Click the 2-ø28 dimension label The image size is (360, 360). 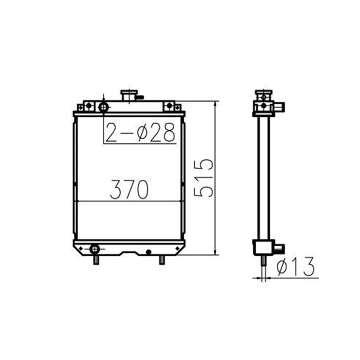[140, 132]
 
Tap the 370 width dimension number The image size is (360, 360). [129, 190]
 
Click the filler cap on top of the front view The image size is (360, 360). [129, 95]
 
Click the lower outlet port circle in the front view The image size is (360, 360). [94, 249]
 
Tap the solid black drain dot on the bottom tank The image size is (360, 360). [148, 252]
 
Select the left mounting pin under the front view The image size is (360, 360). [96, 260]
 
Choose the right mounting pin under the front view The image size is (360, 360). [162, 260]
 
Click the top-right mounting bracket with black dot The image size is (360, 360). [169, 106]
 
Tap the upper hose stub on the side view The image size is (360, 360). [279, 106]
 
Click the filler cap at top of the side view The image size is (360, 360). [263, 92]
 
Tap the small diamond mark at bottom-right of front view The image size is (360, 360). [177, 249]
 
